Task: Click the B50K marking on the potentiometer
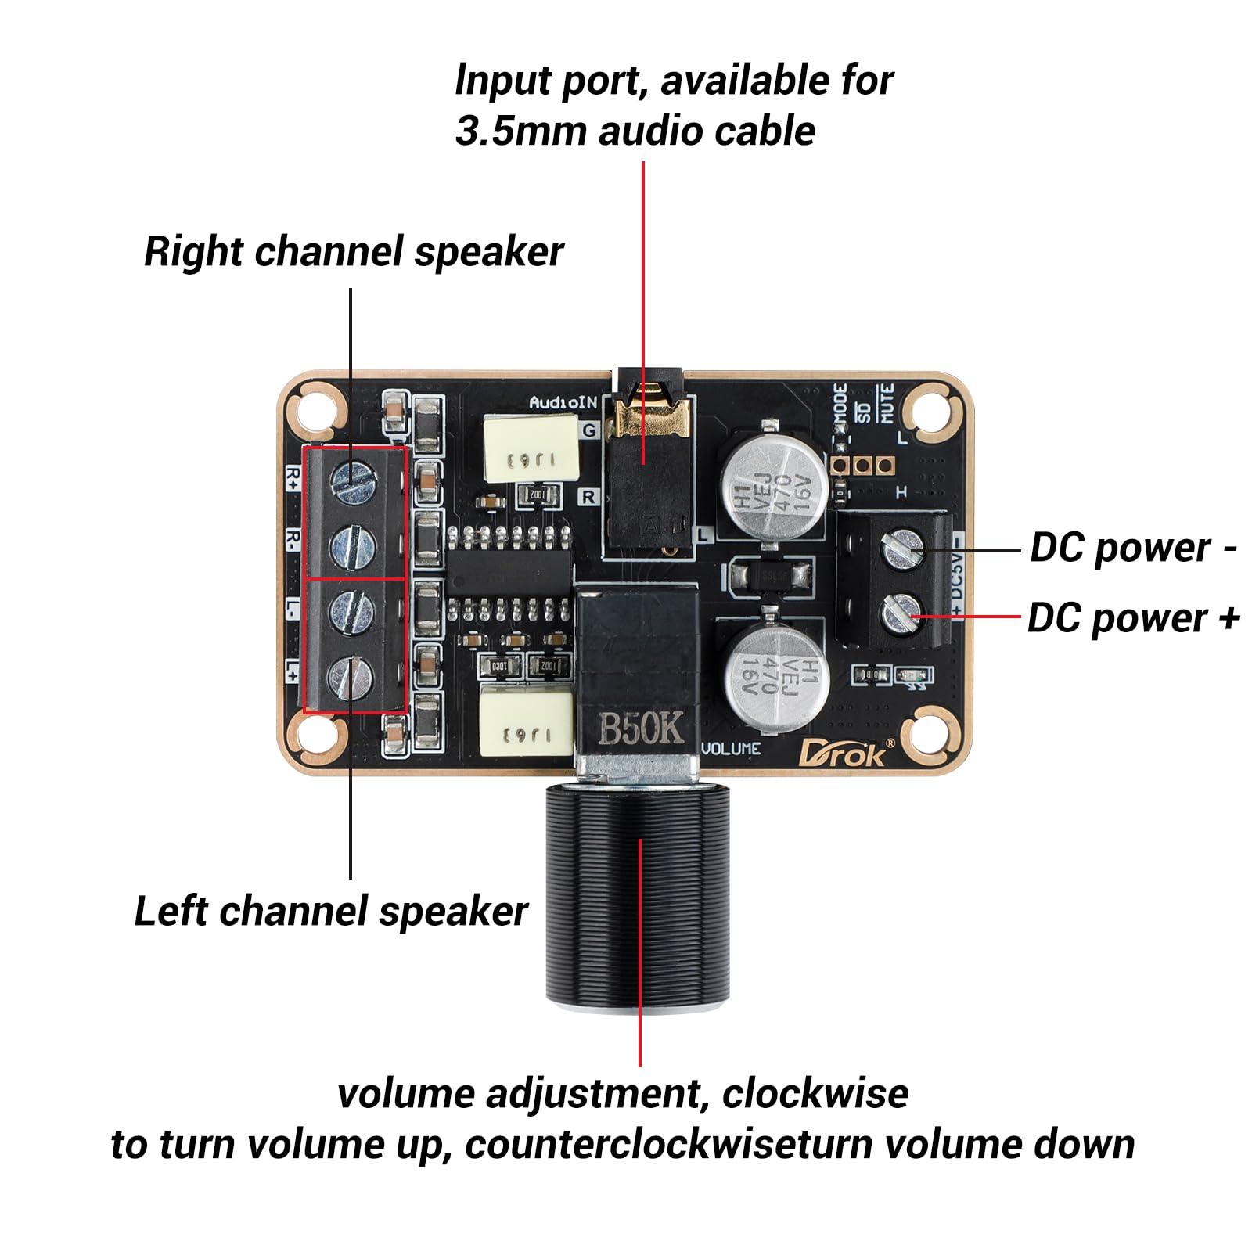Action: coord(641,729)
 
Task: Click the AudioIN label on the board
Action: coord(563,402)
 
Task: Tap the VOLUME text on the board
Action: coord(731,749)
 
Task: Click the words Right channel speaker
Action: coord(353,252)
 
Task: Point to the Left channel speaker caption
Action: coord(331,912)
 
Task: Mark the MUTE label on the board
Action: coord(887,404)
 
